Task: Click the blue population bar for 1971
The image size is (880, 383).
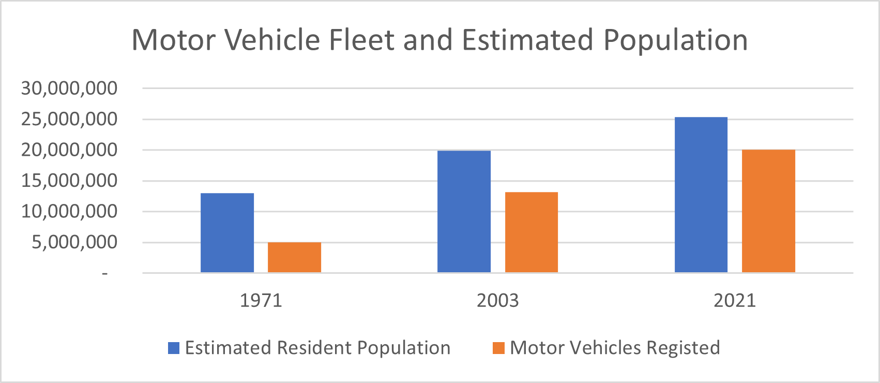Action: (x=227, y=233)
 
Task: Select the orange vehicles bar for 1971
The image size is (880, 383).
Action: (x=294, y=257)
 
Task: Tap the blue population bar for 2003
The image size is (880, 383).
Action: (x=464, y=212)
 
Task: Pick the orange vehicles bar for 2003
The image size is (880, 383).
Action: (x=531, y=232)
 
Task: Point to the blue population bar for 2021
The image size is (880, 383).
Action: (x=701, y=195)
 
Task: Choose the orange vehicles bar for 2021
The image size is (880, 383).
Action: (x=768, y=211)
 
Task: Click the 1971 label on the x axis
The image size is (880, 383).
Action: (x=261, y=301)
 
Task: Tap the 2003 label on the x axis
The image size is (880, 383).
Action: (x=497, y=301)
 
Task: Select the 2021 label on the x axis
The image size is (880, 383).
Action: (x=735, y=301)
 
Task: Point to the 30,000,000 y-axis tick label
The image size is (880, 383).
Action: (x=69, y=89)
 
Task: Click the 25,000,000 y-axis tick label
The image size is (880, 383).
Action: (x=69, y=120)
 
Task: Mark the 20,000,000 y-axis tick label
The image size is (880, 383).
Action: (x=69, y=150)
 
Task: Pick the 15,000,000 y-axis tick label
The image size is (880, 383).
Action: (x=69, y=181)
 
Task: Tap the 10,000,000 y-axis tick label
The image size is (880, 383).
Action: (x=69, y=212)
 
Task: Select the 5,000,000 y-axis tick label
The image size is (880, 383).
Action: (x=74, y=242)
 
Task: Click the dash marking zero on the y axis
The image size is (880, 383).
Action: (x=105, y=273)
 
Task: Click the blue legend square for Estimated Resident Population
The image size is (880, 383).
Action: (x=174, y=348)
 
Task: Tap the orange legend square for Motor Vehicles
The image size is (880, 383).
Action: (x=498, y=348)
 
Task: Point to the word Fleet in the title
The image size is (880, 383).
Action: (x=362, y=40)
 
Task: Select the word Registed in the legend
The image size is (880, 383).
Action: (x=683, y=348)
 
